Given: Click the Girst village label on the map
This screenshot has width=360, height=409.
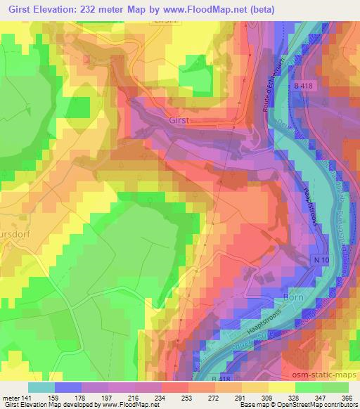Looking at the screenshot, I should tap(179, 121).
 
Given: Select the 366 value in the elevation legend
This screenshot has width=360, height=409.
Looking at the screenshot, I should tap(347, 397).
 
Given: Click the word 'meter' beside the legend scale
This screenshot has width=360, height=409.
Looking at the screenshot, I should tap(10, 397).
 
